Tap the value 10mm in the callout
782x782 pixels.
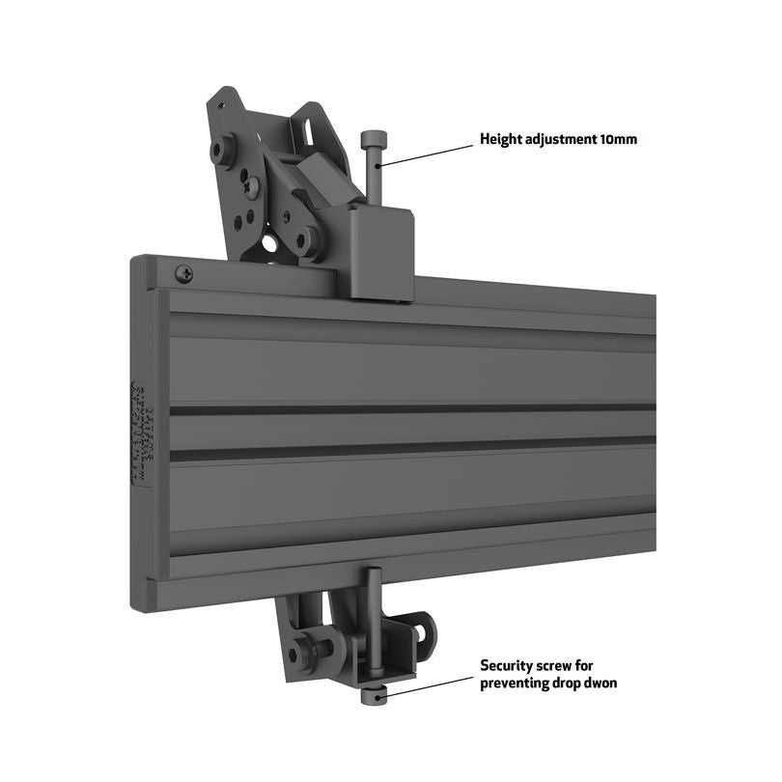tap(618, 140)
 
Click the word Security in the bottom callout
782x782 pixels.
tap(508, 666)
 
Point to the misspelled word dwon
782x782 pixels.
tap(599, 684)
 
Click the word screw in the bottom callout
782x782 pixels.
tap(560, 666)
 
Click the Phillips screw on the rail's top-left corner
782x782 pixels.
tap(183, 274)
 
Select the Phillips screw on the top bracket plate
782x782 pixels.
tap(251, 186)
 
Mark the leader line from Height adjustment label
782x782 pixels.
tap(425, 153)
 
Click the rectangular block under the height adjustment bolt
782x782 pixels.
tap(381, 251)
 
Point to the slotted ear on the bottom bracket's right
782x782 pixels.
tap(422, 629)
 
